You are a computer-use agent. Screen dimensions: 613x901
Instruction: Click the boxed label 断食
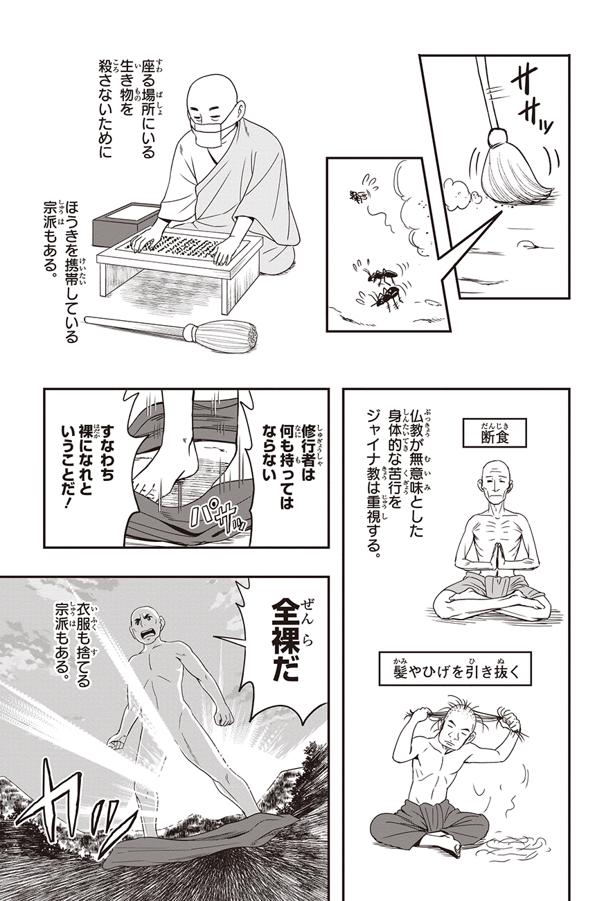[495, 437]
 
